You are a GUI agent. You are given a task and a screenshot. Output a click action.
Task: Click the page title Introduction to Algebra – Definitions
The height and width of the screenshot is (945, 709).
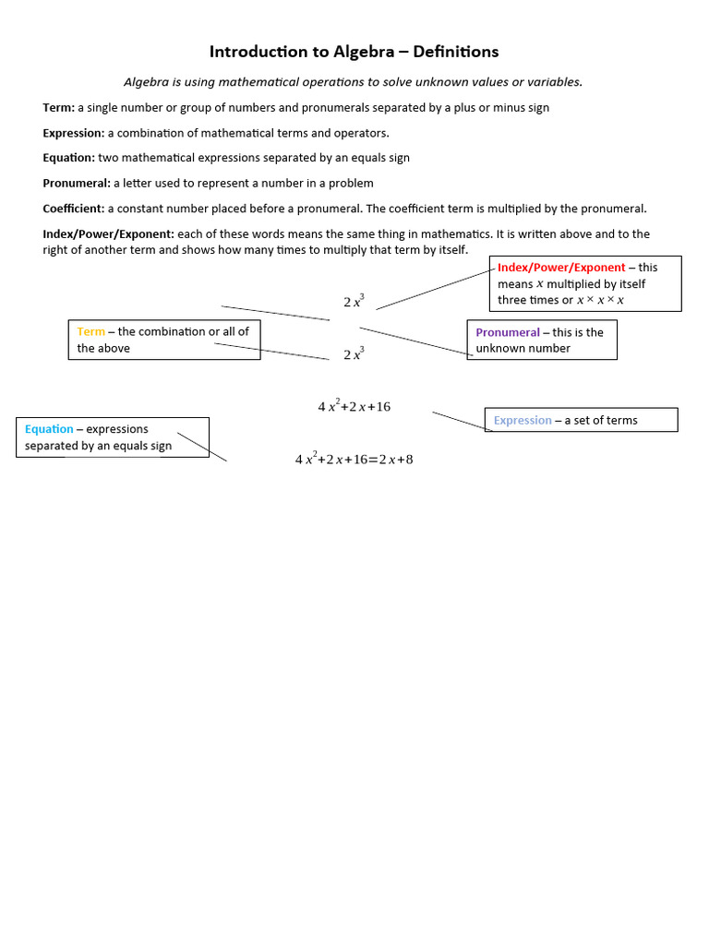[354, 52]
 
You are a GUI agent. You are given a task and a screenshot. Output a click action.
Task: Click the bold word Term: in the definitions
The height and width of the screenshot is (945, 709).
[58, 108]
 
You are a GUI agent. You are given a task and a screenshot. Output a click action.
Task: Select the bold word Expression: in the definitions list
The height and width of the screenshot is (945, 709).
[73, 133]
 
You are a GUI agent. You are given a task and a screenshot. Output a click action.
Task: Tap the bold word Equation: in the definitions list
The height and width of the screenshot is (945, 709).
[68, 158]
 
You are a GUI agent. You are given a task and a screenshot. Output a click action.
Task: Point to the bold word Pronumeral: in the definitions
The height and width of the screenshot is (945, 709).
[77, 183]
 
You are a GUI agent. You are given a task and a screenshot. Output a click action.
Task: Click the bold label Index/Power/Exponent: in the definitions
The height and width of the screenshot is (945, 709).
[108, 234]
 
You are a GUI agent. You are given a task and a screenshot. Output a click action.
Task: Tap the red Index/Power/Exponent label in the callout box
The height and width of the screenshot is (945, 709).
[561, 268]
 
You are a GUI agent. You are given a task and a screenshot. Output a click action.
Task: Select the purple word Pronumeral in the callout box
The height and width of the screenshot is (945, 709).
[508, 332]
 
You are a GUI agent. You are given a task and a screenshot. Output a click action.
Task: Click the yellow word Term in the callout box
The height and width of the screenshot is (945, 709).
[90, 331]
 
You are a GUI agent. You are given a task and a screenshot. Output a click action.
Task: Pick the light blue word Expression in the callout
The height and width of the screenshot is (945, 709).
[523, 420]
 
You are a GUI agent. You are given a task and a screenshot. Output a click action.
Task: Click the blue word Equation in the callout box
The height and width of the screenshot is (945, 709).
[49, 429]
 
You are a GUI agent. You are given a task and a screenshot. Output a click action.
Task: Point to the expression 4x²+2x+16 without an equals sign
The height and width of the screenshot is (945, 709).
[354, 406]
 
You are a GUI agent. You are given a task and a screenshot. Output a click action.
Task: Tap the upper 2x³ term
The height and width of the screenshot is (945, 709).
[354, 301]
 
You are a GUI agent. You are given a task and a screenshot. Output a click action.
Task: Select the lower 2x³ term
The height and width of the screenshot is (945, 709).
[354, 353]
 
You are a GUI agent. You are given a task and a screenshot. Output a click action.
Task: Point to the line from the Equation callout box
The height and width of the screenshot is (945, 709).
[202, 447]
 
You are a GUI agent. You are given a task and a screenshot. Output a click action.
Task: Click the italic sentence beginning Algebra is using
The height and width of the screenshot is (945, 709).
[354, 82]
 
